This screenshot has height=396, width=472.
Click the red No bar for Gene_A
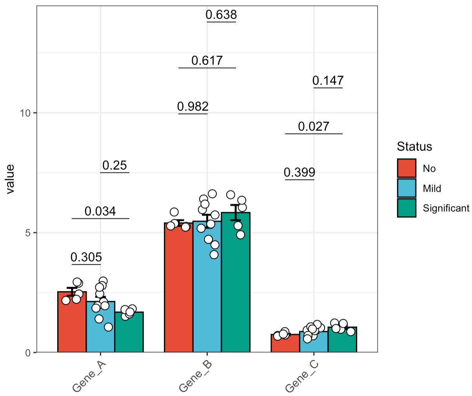click(x=72, y=325)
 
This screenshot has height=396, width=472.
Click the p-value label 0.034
click(x=100, y=211)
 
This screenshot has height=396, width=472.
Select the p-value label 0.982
click(x=193, y=106)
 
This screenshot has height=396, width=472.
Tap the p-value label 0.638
click(x=221, y=15)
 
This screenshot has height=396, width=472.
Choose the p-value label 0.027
click(x=314, y=126)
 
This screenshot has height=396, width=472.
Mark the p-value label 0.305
click(x=86, y=257)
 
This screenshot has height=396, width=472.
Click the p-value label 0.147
click(x=328, y=80)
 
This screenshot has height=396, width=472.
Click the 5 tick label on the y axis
click(x=27, y=233)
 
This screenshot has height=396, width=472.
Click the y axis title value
click(x=10, y=179)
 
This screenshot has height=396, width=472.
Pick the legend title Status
click(x=414, y=147)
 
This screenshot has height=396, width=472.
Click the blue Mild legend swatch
click(x=407, y=188)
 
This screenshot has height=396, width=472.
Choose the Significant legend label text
click(x=446, y=208)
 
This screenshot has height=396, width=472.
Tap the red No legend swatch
click(x=407, y=168)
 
